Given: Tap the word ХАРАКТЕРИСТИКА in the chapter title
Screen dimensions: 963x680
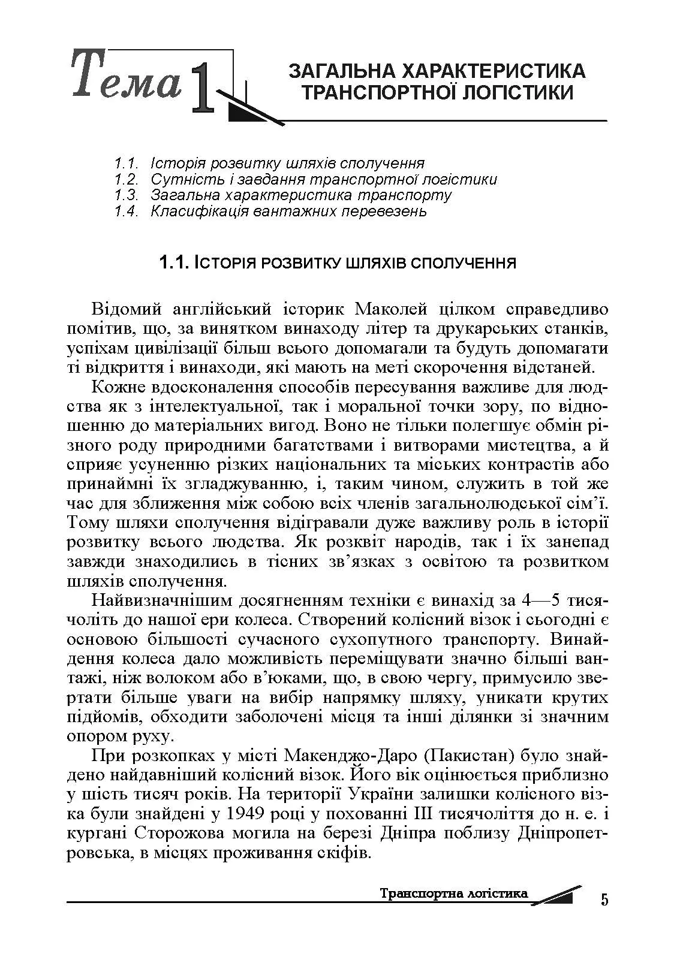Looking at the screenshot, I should [x=492, y=71].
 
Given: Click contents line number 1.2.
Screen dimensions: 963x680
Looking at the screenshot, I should [x=127, y=179].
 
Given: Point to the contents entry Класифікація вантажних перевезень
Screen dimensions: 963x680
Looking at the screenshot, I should [x=288, y=211].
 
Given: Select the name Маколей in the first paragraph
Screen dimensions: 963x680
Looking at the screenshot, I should [x=390, y=310].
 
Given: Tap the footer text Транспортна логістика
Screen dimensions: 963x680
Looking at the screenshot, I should [x=454, y=893].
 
